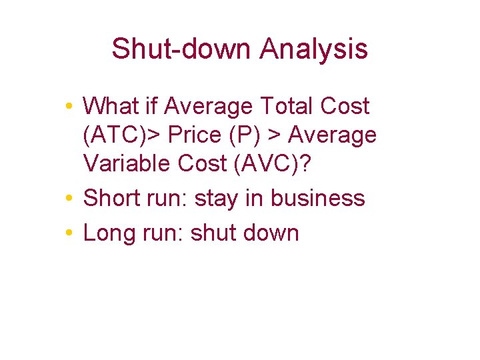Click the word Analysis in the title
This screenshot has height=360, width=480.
pyautogui.click(x=313, y=49)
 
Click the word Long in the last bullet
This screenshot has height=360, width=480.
pyautogui.click(x=106, y=233)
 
